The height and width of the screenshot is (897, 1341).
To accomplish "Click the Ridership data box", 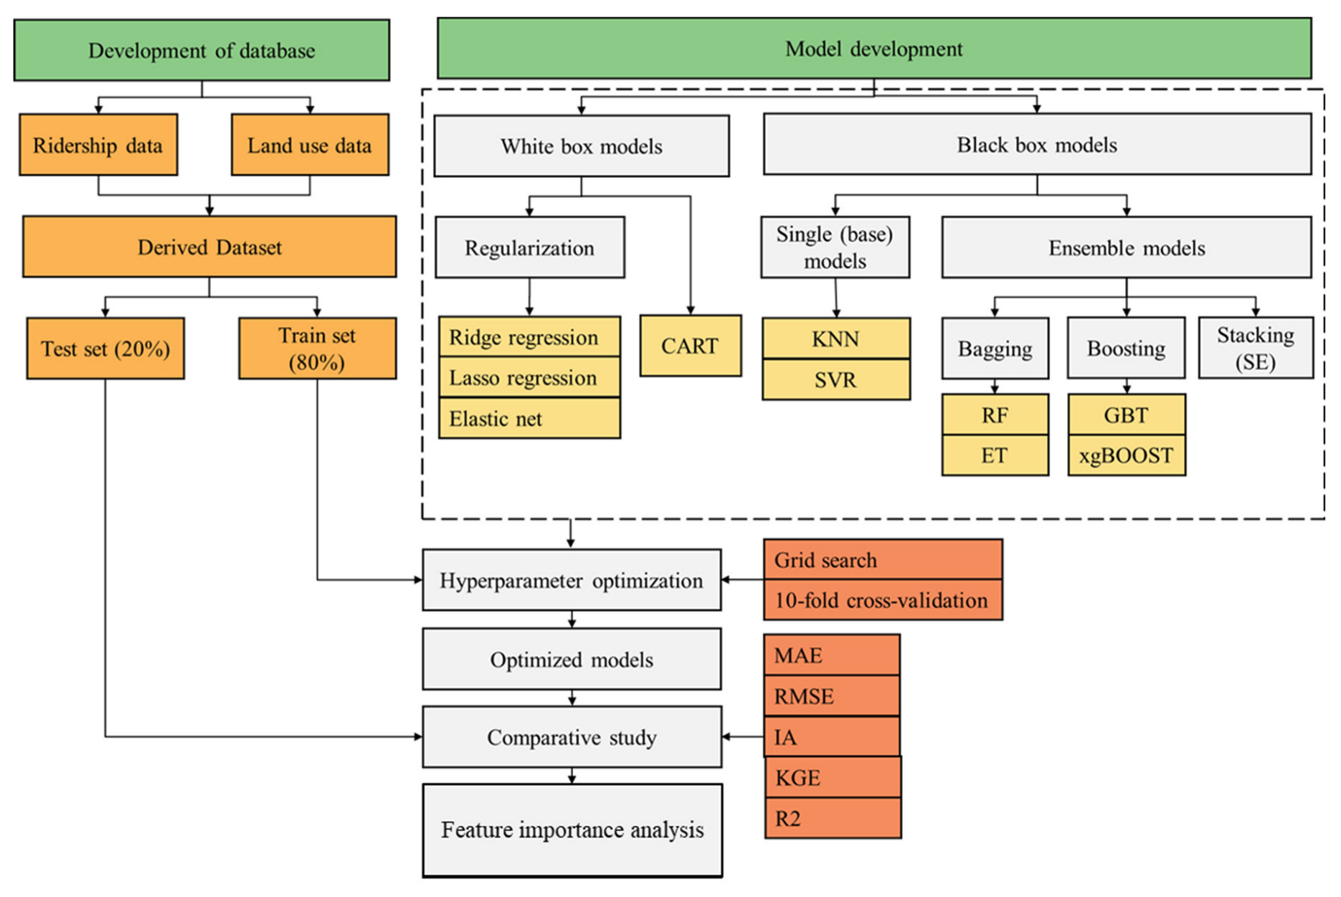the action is pyautogui.click(x=98, y=144).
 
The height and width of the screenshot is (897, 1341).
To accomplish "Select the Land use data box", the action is pyautogui.click(x=310, y=144).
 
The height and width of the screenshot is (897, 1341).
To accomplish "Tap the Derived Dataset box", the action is pyautogui.click(x=209, y=247).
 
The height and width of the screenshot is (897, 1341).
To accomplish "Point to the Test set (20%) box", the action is pyautogui.click(x=105, y=348).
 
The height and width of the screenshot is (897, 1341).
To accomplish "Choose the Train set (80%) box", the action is pyautogui.click(x=317, y=348).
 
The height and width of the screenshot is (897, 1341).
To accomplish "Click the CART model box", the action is pyautogui.click(x=690, y=346).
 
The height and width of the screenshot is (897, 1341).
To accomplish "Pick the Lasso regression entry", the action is pyautogui.click(x=529, y=377).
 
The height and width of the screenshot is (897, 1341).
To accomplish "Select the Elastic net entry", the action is pyautogui.click(x=529, y=418).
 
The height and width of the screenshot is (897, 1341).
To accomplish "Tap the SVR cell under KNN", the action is pyautogui.click(x=836, y=379).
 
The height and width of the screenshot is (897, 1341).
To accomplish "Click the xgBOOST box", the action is pyautogui.click(x=1127, y=455).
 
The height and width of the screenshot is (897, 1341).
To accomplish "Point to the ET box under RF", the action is pyautogui.click(x=995, y=455).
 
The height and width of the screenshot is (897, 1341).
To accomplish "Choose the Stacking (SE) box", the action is pyautogui.click(x=1256, y=348).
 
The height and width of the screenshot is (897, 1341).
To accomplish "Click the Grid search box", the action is pyautogui.click(x=883, y=559).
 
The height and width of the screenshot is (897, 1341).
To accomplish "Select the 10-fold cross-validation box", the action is pyautogui.click(x=883, y=600).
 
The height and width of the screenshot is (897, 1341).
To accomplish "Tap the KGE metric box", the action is pyautogui.click(x=833, y=777).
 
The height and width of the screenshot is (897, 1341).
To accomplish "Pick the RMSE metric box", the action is pyautogui.click(x=832, y=696).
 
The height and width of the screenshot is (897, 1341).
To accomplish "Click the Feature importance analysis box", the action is pyautogui.click(x=572, y=830).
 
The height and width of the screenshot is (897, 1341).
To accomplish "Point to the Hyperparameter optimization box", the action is pyautogui.click(x=572, y=580).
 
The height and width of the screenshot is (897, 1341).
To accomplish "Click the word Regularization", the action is pyautogui.click(x=529, y=248).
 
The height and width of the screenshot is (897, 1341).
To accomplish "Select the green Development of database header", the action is pyautogui.click(x=202, y=49).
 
